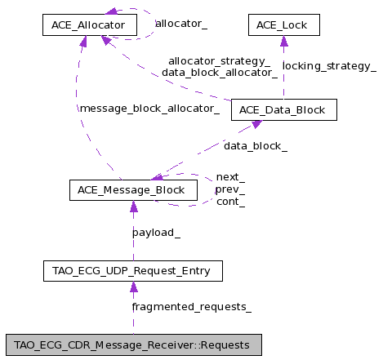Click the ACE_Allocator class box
90,24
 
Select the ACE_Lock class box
284,24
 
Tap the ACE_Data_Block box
284,109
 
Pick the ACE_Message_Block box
133,190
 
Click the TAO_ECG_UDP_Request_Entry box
133,271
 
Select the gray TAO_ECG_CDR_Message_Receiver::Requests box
134,345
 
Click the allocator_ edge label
181,24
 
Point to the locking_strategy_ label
329,66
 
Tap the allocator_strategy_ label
220,61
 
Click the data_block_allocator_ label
220,73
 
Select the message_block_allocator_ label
149,109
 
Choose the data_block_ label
256,146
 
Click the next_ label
230,177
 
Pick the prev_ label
230,189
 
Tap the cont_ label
230,202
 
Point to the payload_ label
156,233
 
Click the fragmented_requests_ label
192,307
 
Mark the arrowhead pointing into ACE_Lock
284,41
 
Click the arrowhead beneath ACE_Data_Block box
256,124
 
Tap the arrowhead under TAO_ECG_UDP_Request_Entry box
133,287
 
